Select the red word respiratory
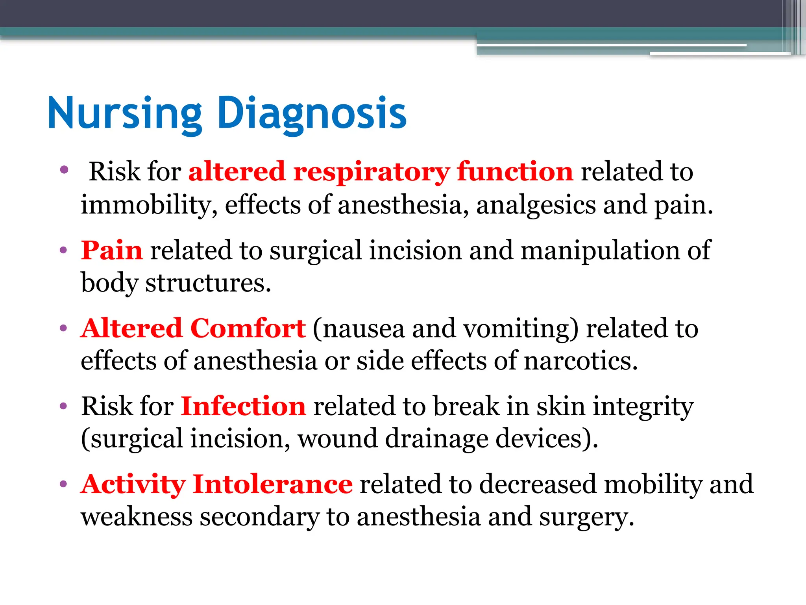371,172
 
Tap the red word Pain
111,250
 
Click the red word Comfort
248,328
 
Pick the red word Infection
243,406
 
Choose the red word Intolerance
272,484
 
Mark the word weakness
137,517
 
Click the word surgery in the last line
586,517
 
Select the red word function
515,172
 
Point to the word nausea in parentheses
364,328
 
